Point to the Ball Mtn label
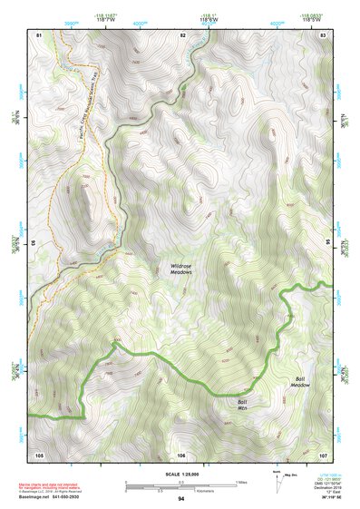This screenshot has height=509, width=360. (x=242, y=404)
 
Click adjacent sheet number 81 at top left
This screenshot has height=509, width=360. (x=39, y=34)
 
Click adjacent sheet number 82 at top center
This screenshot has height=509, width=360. (x=182, y=34)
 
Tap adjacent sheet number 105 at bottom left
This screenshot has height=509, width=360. (x=39, y=455)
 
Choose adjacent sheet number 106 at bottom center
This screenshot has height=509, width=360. (x=181, y=455)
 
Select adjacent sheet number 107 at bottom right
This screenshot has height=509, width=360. (x=323, y=455)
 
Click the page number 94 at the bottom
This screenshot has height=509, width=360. (x=181, y=499)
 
